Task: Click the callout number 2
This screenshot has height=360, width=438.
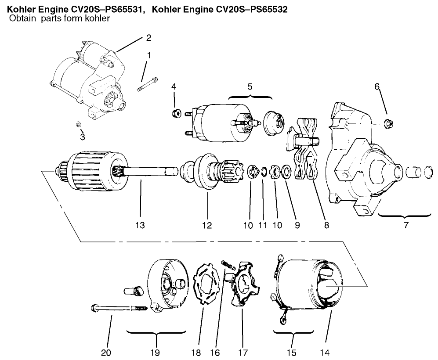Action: pos(148,38)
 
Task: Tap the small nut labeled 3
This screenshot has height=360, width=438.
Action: pos(80,125)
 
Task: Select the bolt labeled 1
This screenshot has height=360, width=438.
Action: pos(147,83)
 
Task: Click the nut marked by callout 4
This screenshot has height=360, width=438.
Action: pos(175,114)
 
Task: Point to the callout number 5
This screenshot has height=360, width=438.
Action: pos(250,86)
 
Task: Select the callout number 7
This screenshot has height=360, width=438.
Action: pos(405,226)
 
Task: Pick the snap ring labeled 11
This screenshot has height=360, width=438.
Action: pos(263,172)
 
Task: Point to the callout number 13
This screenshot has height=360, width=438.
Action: pos(140,226)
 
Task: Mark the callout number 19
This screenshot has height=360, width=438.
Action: pos(155,352)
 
